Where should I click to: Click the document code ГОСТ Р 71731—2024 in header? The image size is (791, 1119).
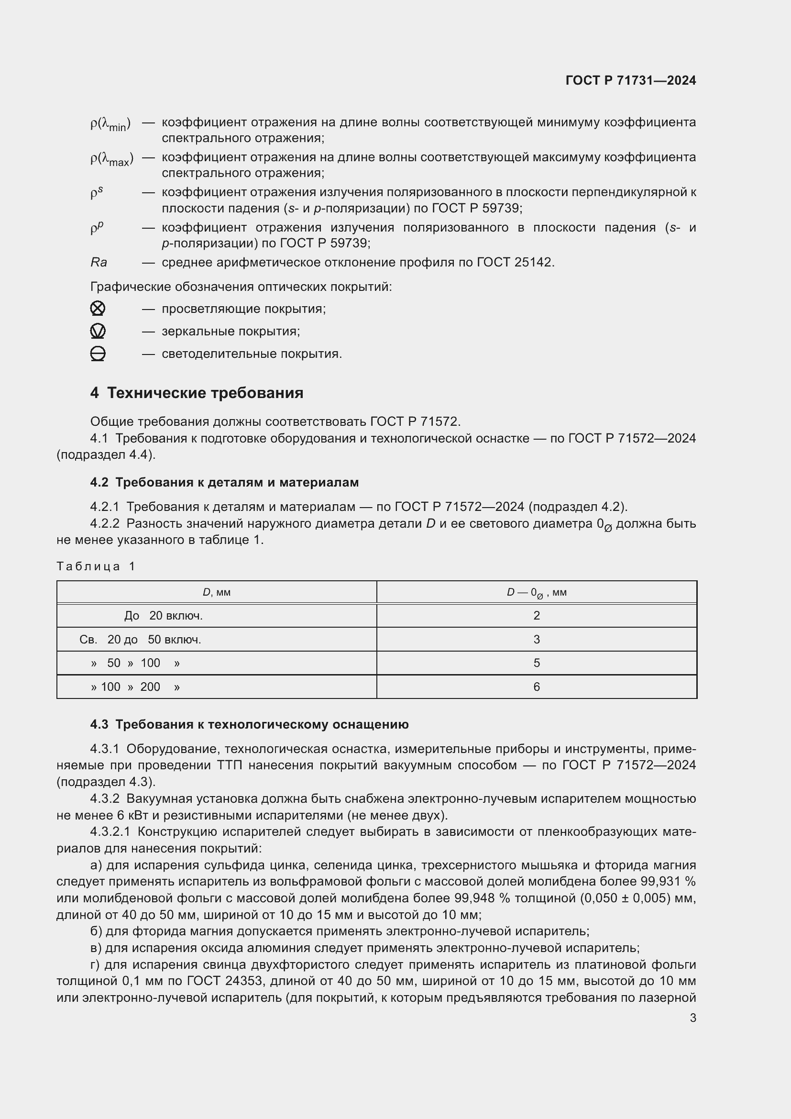pyautogui.click(x=630, y=80)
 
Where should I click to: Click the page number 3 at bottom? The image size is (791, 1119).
pyautogui.click(x=692, y=1018)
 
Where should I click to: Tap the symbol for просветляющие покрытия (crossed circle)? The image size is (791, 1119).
pyautogui.click(x=98, y=309)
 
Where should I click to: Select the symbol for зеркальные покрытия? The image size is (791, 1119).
pyautogui.click(x=98, y=332)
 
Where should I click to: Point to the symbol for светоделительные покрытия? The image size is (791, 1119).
pyautogui.click(x=98, y=354)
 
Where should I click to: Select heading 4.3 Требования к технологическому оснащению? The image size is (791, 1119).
pyautogui.click(x=249, y=725)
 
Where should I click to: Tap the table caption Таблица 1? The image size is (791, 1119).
pyautogui.click(x=96, y=566)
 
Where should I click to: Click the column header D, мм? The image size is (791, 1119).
pyautogui.click(x=216, y=593)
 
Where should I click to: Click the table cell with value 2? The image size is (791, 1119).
pyautogui.click(x=536, y=616)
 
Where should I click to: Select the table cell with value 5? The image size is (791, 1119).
pyautogui.click(x=536, y=663)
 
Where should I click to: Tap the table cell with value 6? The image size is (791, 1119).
pyautogui.click(x=536, y=687)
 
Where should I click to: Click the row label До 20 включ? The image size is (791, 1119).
pyautogui.click(x=163, y=616)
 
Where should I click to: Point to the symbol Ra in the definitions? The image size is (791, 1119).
pyautogui.click(x=99, y=263)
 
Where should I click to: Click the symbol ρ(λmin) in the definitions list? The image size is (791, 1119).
pyautogui.click(x=110, y=124)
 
